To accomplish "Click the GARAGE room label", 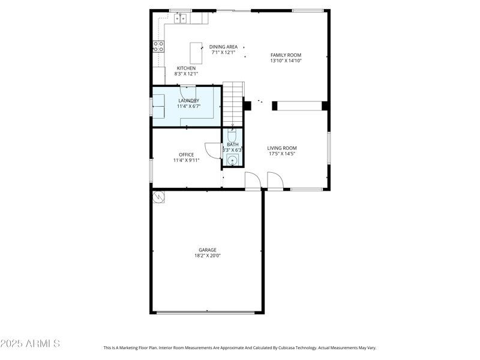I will tap(208, 250).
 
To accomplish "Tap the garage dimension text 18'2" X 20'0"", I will tap(208, 256).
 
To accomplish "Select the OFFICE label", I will tap(186, 155).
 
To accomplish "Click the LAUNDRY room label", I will tap(188, 101).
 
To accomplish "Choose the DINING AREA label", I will tap(223, 47).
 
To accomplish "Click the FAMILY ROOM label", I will tap(286, 55).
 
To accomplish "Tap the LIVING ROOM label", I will tap(282, 148).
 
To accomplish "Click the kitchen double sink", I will tap(181, 19).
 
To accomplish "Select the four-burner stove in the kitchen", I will tap(158, 47).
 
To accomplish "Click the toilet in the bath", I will tap(232, 136).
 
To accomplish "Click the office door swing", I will tap(212, 151).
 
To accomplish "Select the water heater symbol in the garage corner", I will tap(159, 197).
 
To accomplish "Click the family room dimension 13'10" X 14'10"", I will tap(286, 61).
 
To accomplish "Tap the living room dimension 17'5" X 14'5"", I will tap(282, 154).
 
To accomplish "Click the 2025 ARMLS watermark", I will tap(30, 344).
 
